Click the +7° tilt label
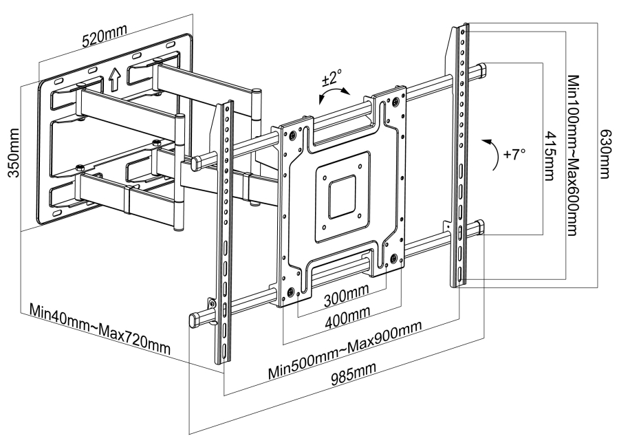(x=514, y=155)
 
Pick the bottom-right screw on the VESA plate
(x=393, y=259)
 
